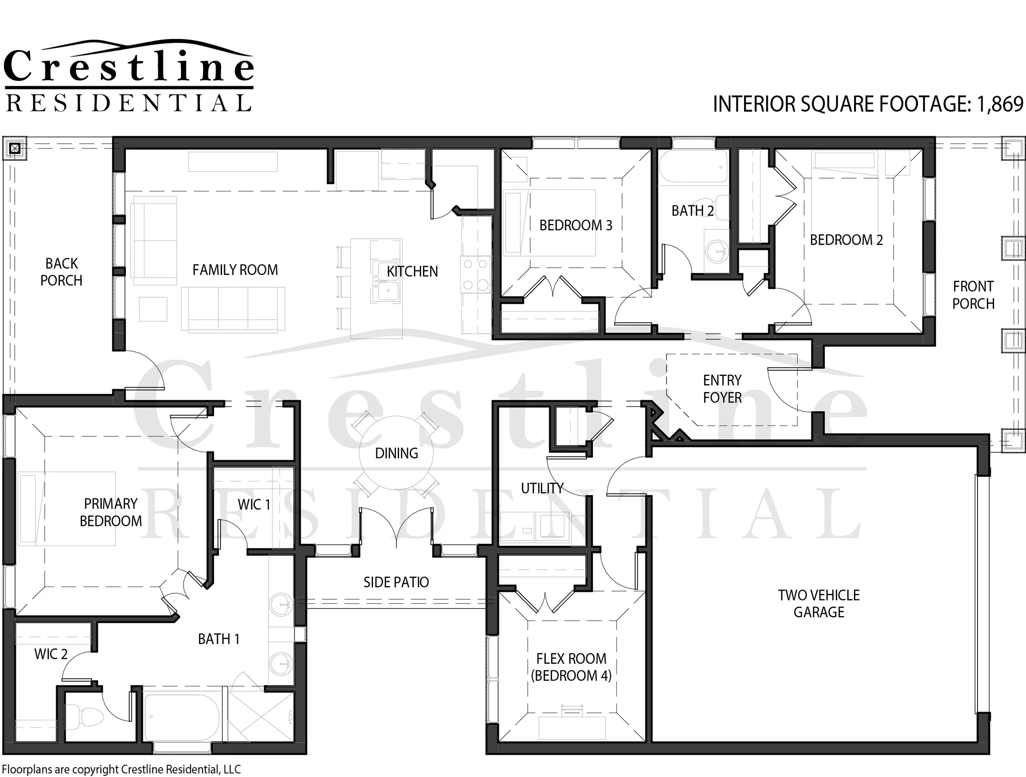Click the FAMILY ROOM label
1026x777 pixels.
(235, 270)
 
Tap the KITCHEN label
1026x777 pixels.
(412, 271)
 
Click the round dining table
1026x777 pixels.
(396, 453)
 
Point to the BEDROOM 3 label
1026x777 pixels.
(576, 225)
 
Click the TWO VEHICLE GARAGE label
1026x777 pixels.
(819, 603)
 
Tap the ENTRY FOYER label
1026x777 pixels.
(722, 389)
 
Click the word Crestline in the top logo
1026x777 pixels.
(128, 66)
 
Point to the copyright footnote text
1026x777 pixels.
(121, 770)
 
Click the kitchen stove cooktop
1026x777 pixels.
(475, 274)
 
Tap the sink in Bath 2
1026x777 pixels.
(716, 252)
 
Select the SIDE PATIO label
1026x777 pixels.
(396, 582)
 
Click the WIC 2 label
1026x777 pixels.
(51, 654)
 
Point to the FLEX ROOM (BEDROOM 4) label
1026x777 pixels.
(571, 667)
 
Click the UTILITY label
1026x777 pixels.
(542, 488)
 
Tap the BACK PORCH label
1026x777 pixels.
(61, 272)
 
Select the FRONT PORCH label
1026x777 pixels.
(973, 295)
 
